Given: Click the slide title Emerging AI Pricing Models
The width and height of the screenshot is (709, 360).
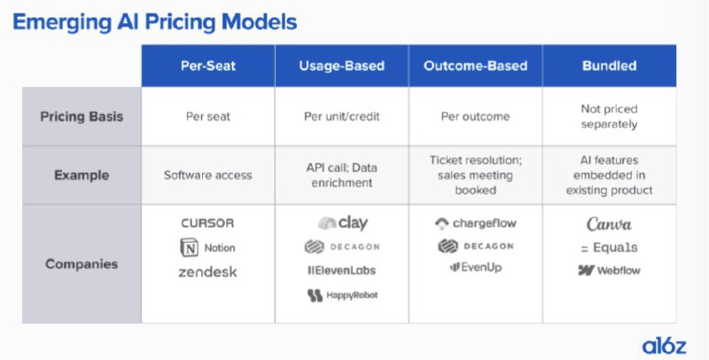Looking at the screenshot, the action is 154,22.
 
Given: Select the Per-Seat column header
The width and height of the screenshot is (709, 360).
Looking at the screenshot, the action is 208,66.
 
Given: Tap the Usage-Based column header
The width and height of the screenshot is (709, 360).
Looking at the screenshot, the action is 342,66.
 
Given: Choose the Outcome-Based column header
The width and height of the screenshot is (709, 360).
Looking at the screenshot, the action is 475,66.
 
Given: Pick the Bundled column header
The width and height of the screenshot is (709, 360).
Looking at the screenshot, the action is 610,66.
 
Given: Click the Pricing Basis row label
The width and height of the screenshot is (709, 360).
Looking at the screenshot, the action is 82,117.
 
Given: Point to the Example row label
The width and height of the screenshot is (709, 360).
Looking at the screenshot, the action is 82,175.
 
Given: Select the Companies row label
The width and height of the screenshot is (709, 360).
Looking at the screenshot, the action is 82,263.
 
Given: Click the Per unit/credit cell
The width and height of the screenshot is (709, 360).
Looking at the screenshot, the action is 342,117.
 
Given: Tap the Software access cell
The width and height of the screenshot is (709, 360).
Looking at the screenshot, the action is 208,175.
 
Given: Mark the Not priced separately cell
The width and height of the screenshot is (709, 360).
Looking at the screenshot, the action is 610,116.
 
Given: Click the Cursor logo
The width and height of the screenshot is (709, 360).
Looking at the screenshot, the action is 207,223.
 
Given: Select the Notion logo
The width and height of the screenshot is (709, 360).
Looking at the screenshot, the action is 207,247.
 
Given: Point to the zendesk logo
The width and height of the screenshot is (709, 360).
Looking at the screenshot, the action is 207,272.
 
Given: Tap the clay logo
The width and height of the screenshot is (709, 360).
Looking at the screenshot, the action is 343,223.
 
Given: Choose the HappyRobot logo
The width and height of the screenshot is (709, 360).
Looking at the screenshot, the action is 342,295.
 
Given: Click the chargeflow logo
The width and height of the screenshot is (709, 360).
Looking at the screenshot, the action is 475,223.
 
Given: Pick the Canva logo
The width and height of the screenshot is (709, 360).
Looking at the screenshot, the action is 609,223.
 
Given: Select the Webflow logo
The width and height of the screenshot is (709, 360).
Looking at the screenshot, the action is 609,270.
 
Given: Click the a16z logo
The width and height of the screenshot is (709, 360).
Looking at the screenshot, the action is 664,347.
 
